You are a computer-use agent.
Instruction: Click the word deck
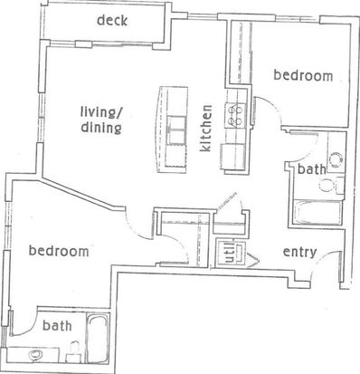click(112, 21)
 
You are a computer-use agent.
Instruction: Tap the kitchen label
click(206, 129)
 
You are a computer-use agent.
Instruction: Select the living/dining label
click(101, 120)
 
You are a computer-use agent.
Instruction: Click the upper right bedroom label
click(303, 75)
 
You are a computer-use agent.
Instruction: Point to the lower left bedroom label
click(59, 251)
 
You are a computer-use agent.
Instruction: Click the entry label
click(299, 253)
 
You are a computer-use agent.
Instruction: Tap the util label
click(230, 254)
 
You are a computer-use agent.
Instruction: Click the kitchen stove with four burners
click(235, 115)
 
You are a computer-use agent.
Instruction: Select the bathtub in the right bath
click(317, 213)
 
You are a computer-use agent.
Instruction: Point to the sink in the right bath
click(336, 158)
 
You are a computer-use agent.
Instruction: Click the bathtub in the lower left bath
click(98, 339)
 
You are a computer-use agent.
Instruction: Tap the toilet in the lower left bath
click(74, 352)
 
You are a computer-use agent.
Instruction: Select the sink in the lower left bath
click(35, 355)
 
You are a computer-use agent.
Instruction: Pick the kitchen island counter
click(172, 129)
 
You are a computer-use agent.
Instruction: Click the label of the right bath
click(311, 169)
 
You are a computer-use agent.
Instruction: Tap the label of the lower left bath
click(57, 326)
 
